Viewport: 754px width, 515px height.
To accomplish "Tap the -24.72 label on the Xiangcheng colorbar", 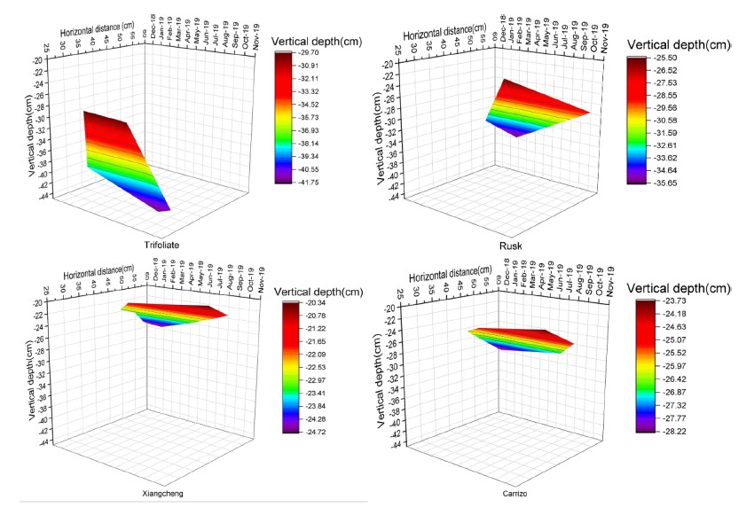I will tap(313, 427).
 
